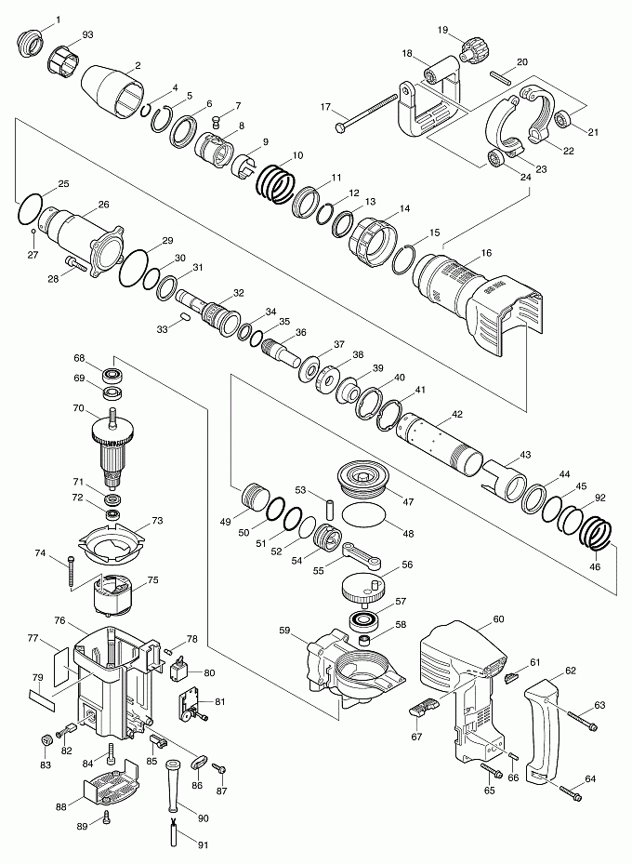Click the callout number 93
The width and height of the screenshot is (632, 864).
(x=87, y=34)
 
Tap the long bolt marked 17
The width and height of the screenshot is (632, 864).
(x=366, y=113)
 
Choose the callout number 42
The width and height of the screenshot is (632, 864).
(x=457, y=415)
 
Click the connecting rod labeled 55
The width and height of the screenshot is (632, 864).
(x=361, y=555)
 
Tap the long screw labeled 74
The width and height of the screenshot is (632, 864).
(x=72, y=572)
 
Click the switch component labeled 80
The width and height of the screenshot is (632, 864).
(x=178, y=671)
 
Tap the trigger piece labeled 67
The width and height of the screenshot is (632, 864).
(x=425, y=707)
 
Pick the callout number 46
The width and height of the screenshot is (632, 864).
(x=595, y=566)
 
